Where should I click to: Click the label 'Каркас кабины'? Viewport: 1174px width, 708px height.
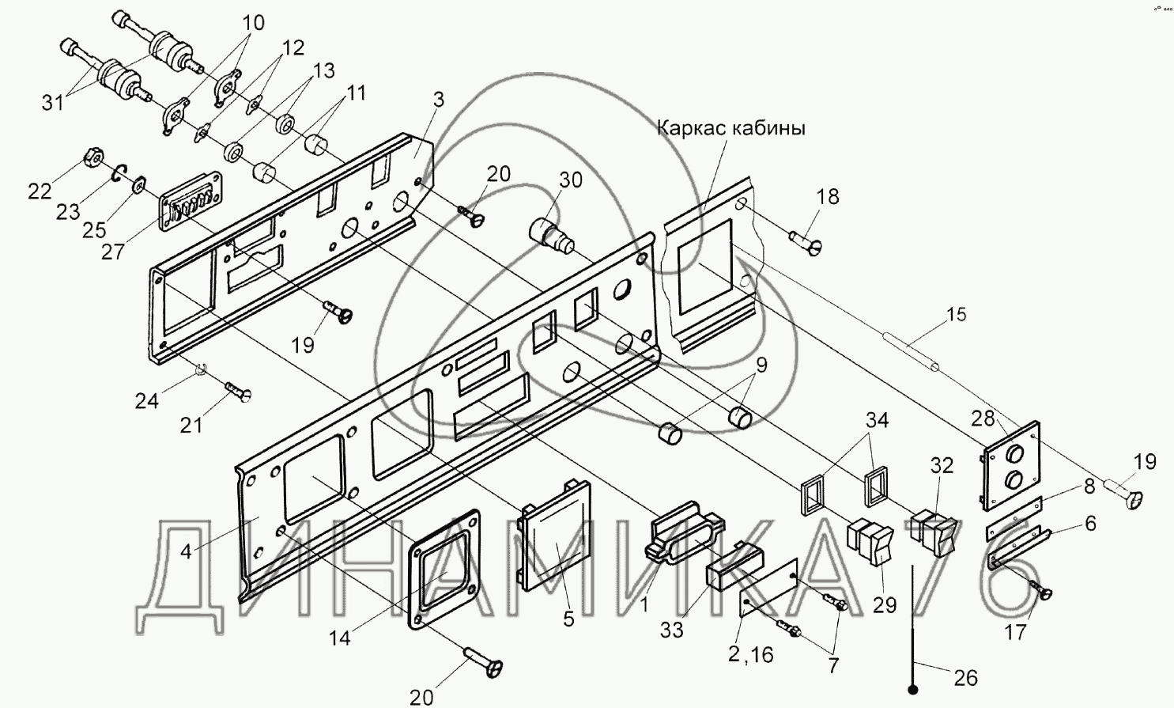pos(730,128)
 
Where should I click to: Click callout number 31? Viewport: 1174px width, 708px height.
pos(53,102)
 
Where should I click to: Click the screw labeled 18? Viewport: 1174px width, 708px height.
pos(806,239)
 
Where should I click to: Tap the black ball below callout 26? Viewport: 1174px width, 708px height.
pos(914,691)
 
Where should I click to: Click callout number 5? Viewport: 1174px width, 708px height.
pos(568,619)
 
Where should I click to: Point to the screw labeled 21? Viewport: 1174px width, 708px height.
pos(237,391)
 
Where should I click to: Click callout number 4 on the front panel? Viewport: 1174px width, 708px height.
pos(186,551)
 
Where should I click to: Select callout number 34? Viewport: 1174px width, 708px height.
pos(876,420)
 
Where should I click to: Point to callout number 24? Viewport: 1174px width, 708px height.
pos(146,401)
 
